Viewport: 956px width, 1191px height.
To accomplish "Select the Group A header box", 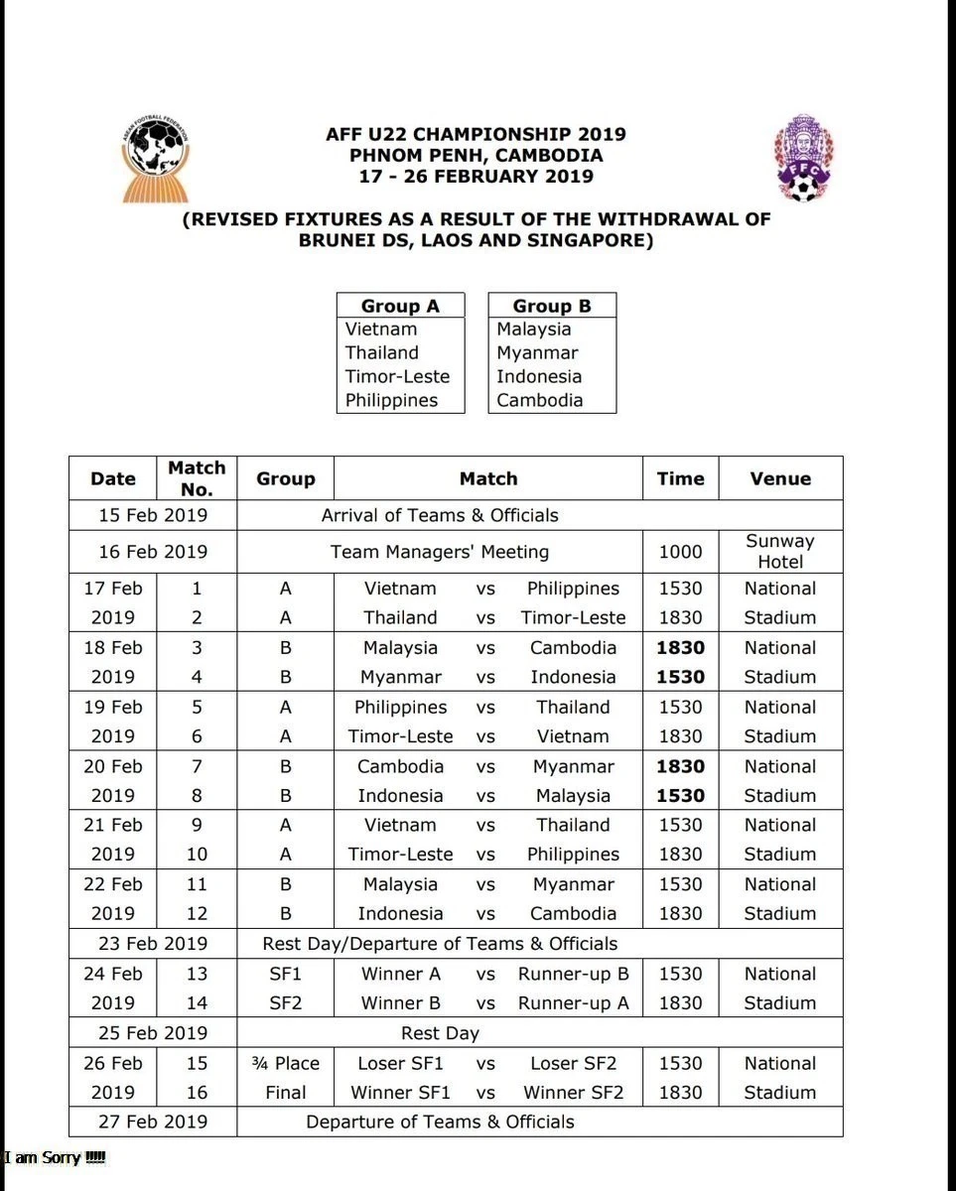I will tap(400, 306).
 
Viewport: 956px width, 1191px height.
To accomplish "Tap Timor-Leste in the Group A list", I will tap(397, 376).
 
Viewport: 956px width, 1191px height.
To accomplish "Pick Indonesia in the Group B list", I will tap(539, 376).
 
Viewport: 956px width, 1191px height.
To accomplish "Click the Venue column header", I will tap(780, 478).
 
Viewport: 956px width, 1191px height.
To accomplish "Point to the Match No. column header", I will tap(197, 477).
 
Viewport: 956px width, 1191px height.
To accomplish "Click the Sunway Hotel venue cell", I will tap(780, 551).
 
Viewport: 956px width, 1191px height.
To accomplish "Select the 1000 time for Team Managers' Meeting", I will tap(680, 552).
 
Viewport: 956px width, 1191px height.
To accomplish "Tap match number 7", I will tap(197, 766).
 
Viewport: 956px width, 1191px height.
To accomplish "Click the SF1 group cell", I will tap(285, 974).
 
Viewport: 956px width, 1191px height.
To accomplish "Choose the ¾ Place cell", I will tap(285, 1063).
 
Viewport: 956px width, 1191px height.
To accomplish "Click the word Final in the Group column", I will tap(285, 1092).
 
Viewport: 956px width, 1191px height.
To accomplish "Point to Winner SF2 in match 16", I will tap(574, 1092).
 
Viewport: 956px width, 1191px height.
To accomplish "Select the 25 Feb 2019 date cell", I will tap(153, 1033).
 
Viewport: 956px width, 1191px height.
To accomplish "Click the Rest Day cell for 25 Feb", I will tap(440, 1033).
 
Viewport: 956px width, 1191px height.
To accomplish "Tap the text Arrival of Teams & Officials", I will tap(440, 515).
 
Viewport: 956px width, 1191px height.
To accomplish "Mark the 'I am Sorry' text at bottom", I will tap(55, 1157).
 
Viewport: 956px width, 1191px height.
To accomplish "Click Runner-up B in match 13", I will tap(574, 974).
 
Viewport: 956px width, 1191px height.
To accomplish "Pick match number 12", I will tap(197, 913).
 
